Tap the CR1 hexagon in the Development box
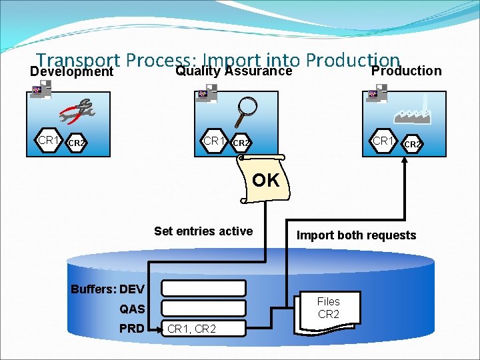click(49, 141)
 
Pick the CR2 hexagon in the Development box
click(77, 143)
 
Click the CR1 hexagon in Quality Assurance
click(214, 141)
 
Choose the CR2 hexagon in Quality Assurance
click(241, 143)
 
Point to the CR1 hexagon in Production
click(383, 141)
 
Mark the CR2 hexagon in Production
click(412, 143)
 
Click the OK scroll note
click(265, 180)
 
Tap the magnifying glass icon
click(247, 107)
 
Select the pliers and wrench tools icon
click(78, 111)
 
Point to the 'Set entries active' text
click(203, 231)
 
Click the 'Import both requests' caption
click(356, 235)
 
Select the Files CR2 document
click(327, 310)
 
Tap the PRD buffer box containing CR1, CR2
click(204, 328)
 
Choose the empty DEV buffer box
click(204, 288)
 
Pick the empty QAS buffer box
click(204, 308)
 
